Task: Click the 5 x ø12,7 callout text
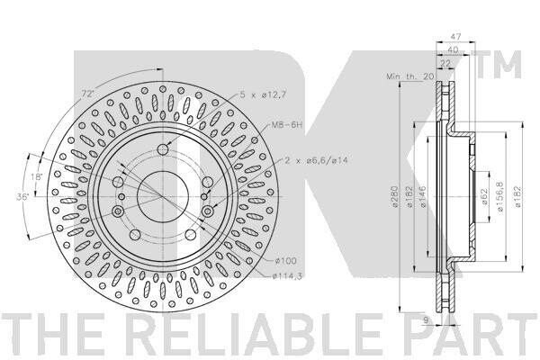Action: pyautogui.click(x=263, y=94)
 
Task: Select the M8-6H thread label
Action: pyautogui.click(x=287, y=125)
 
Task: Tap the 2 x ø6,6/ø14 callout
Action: pyautogui.click(x=316, y=160)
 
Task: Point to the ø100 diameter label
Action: pyautogui.click(x=285, y=261)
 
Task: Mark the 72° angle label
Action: pyautogui.click(x=87, y=94)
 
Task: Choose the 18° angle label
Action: pyautogui.click(x=36, y=177)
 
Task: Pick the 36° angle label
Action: pyautogui.click(x=23, y=197)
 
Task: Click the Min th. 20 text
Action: pyautogui.click(x=409, y=76)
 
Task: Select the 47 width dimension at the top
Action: pyautogui.click(x=455, y=36)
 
